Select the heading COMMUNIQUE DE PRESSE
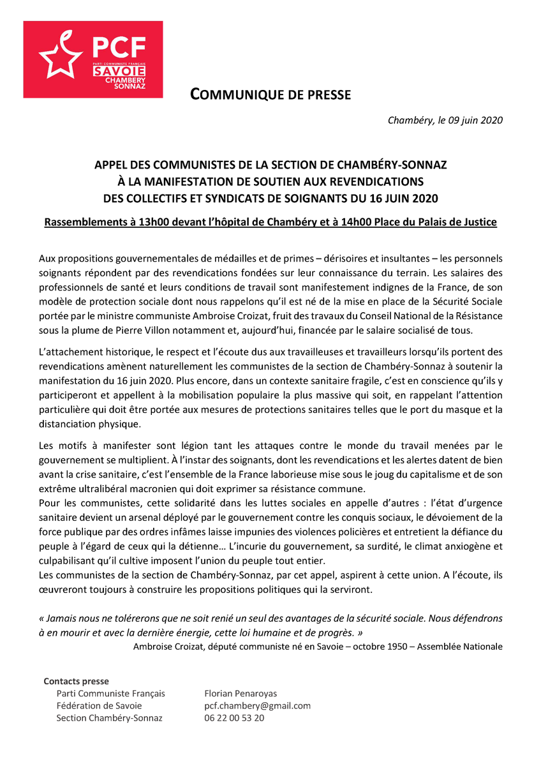pyautogui.click(x=270, y=96)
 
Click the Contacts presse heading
pyautogui.click(x=76, y=682)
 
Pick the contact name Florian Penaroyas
pyautogui.click(x=241, y=694)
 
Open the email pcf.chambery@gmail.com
pyautogui.click(x=257, y=706)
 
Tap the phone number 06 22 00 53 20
pyautogui.click(x=234, y=718)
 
